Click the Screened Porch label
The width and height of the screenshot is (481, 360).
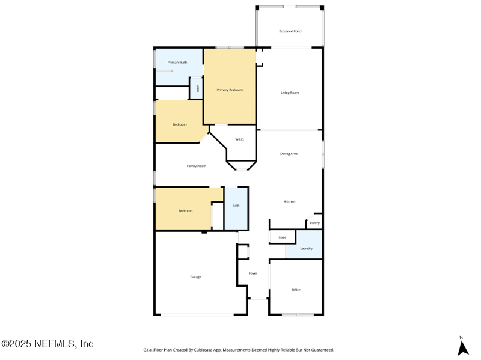(290, 31)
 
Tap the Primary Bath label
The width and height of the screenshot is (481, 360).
(177, 63)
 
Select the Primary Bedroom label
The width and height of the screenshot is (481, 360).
(230, 90)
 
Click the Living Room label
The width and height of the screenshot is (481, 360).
(290, 93)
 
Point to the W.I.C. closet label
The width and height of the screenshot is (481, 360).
(239, 139)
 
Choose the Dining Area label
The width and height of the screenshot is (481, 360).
(289, 154)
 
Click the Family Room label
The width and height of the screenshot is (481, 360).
(197, 166)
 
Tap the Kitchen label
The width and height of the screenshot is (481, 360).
(290, 201)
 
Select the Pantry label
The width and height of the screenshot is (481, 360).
(314, 223)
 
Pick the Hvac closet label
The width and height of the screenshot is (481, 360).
(282, 238)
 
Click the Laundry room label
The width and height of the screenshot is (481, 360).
(306, 248)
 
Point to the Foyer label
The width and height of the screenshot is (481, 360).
(253, 273)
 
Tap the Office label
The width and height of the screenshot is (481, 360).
(296, 290)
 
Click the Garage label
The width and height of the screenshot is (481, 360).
(195, 277)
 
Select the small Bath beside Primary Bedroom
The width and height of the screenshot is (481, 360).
(198, 88)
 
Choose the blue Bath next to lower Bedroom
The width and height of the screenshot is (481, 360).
(236, 206)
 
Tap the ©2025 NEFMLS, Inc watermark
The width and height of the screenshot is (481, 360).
(47, 344)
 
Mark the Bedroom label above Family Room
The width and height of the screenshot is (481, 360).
(180, 124)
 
